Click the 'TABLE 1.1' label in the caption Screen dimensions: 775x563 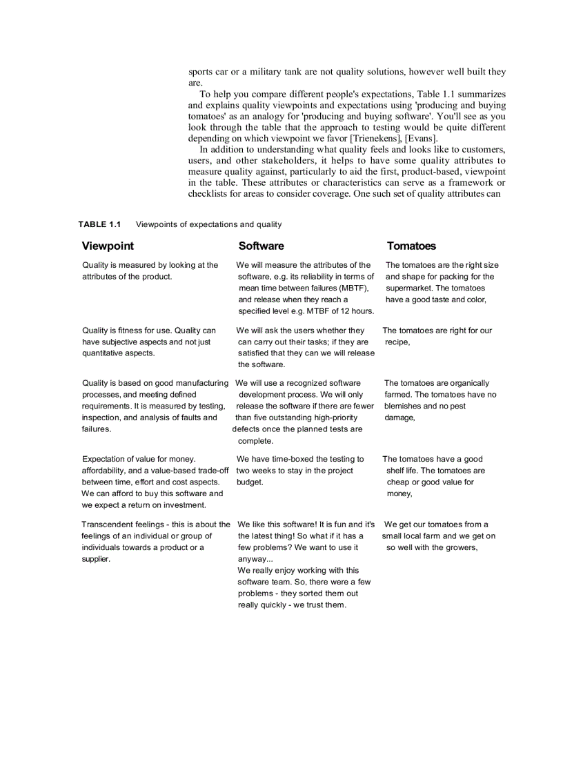coord(99,224)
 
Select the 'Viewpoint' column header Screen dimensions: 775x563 coord(108,246)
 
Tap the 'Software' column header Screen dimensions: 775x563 coord(261,246)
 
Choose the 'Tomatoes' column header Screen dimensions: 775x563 coord(411,246)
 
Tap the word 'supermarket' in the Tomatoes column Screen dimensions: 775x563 coord(411,288)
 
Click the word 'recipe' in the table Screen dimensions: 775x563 coord(397,342)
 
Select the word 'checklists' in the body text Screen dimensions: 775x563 coord(209,193)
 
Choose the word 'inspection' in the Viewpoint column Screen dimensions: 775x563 coord(103,418)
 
